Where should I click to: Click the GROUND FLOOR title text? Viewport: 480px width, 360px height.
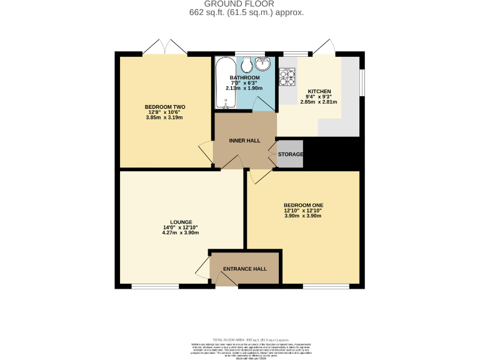[239, 4]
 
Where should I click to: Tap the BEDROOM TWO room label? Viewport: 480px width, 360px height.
[165, 107]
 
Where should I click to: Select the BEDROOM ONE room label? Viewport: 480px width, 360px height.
[303, 205]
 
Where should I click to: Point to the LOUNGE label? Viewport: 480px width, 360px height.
[181, 222]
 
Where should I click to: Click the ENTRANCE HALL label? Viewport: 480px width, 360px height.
[245, 269]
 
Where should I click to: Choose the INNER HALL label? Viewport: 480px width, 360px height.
[244, 141]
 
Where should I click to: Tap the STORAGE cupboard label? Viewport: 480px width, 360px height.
[290, 154]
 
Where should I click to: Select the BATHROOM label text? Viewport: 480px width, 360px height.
[244, 77]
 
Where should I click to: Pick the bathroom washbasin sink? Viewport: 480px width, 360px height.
[264, 63]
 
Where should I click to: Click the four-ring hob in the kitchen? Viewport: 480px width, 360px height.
[287, 77]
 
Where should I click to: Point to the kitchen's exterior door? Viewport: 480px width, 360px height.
[323, 47]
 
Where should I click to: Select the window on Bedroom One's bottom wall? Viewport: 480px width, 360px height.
[321, 286]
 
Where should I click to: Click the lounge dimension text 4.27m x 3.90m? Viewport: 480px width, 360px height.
[181, 232]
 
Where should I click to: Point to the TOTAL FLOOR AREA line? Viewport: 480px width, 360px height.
[239, 337]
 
